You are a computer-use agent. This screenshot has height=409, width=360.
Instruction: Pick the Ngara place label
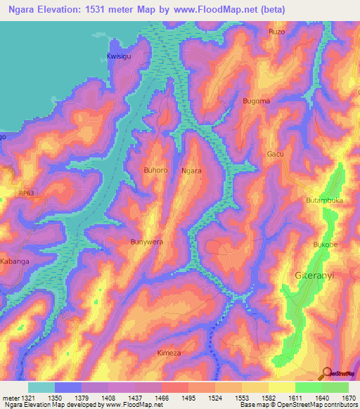[x=191, y=171]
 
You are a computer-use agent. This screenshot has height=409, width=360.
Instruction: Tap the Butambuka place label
[x=324, y=200]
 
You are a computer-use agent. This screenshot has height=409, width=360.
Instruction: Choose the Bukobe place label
[x=325, y=245]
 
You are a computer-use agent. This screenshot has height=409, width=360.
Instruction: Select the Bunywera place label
[x=147, y=242]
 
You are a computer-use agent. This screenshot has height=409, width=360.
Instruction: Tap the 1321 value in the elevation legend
[x=20, y=398]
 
